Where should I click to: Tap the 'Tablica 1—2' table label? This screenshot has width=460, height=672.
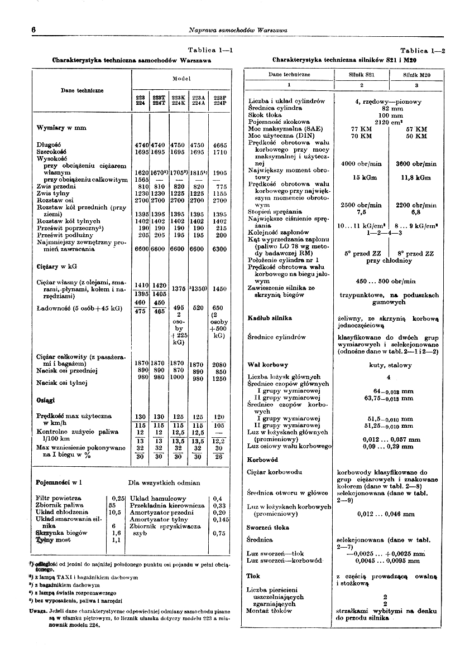point(423,50)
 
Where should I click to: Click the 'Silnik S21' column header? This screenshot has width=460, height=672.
point(361,74)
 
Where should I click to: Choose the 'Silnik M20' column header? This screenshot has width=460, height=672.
point(416,74)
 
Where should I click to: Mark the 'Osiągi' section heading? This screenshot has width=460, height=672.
point(46,399)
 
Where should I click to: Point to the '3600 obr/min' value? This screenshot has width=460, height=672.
point(416,164)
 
